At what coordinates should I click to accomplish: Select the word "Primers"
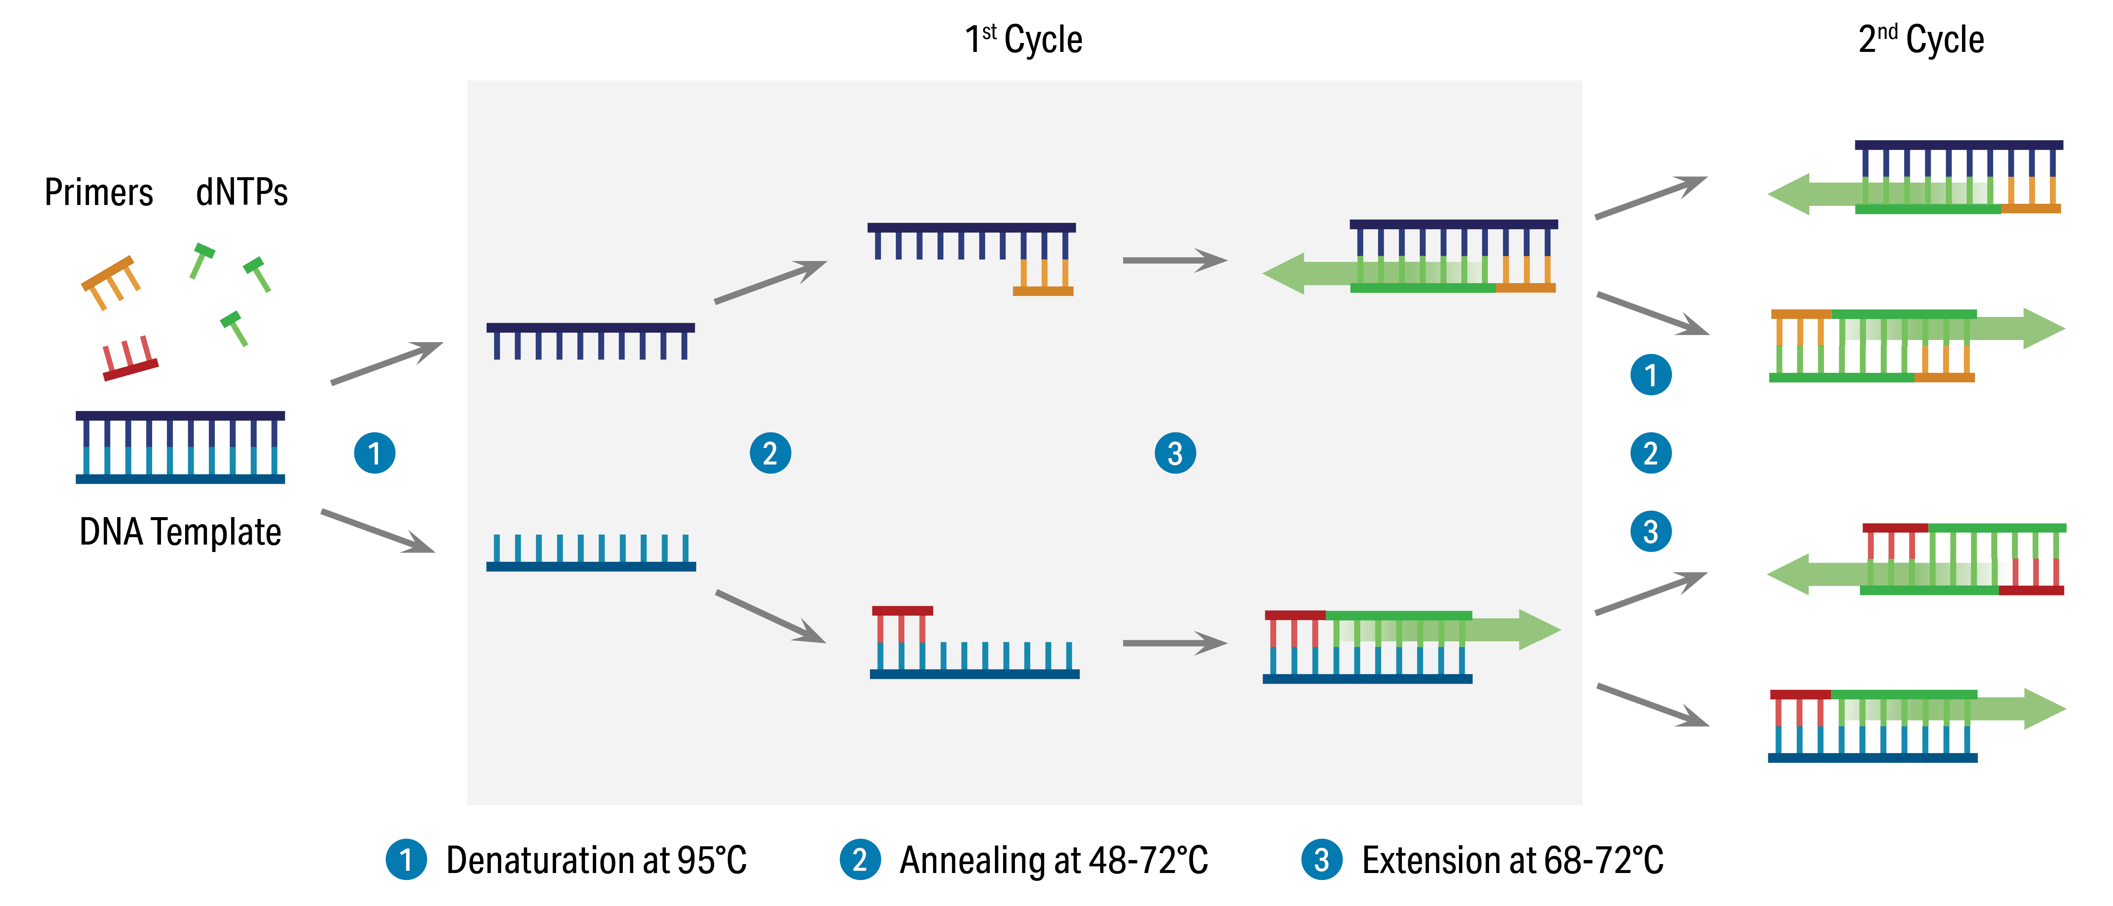point(98,193)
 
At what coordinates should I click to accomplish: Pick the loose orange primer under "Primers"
point(111,281)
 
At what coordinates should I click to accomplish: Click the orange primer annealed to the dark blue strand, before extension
point(1042,279)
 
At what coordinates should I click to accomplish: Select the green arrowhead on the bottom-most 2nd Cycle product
point(2043,708)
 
